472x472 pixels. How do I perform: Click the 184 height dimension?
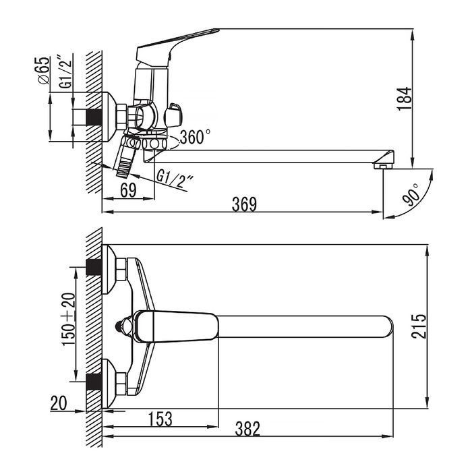(405, 98)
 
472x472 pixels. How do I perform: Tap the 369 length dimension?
(244, 204)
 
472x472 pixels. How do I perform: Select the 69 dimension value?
(128, 190)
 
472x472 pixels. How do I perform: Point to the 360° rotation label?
(195, 136)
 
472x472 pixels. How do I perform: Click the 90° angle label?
(412, 194)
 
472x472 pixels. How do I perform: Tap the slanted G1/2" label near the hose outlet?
(175, 179)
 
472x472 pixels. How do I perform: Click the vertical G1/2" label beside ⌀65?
(65, 72)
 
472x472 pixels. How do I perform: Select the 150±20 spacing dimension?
(68, 319)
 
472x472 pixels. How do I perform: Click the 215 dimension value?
(419, 326)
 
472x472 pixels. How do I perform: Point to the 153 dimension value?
(160, 419)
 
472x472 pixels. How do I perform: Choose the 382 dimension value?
(247, 429)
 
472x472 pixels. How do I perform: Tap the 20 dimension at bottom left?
(59, 403)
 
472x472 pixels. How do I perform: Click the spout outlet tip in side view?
(384, 165)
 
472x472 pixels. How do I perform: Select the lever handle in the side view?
(177, 47)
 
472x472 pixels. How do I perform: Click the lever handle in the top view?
(175, 326)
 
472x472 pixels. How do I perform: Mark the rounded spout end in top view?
(388, 326)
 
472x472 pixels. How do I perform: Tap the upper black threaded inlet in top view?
(94, 267)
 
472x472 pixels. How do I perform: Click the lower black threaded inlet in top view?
(94, 382)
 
